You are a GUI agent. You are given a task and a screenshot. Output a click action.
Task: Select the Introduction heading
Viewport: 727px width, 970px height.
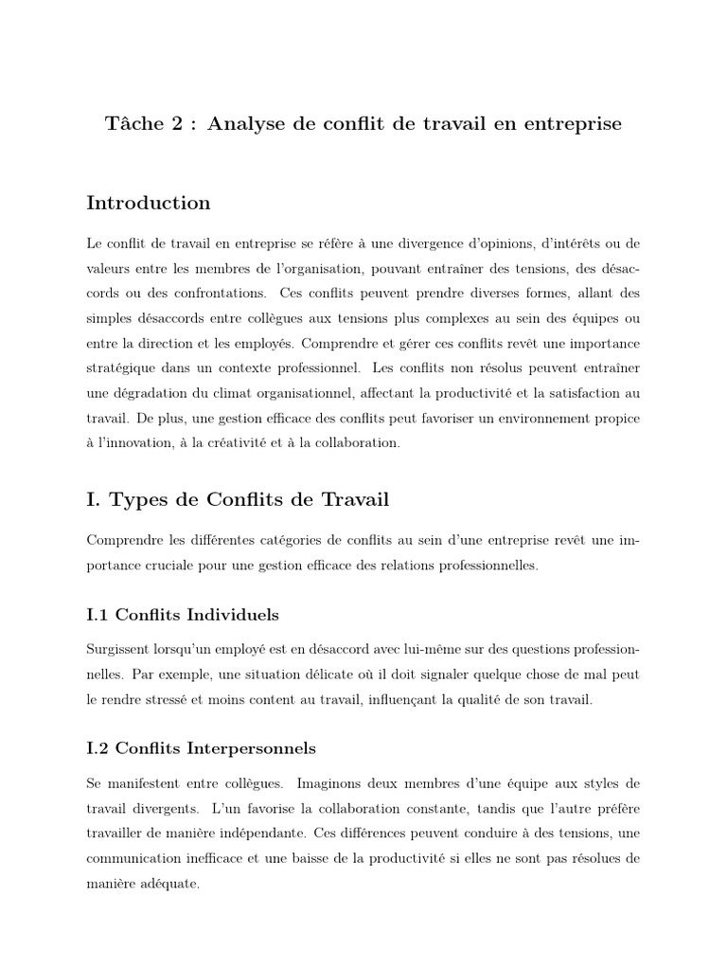tap(149, 204)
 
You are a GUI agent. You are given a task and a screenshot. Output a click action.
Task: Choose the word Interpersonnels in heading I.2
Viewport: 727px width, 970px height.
tap(250, 748)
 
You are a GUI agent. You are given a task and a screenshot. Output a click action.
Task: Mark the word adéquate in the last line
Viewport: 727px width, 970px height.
tap(173, 884)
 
